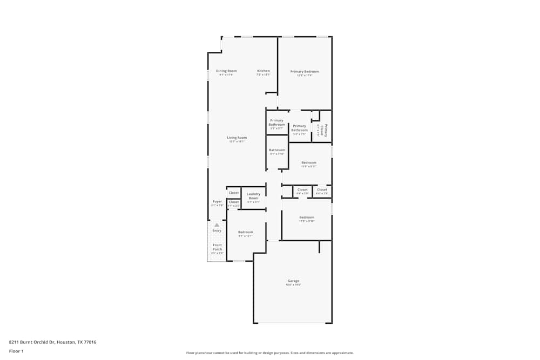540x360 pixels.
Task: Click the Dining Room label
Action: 226,71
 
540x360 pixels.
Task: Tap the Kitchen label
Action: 263,71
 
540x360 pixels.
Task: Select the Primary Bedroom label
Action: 305,71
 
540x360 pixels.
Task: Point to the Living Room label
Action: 237,138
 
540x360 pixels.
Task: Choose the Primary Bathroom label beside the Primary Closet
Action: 299,128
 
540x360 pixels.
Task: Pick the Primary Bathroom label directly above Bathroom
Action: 276,123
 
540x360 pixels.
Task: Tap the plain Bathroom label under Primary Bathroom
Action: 277,150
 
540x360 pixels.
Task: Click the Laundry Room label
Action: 253,196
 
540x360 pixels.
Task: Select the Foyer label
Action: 217,202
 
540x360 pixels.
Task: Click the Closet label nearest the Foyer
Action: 233,202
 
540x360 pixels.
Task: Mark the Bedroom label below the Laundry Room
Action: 245,232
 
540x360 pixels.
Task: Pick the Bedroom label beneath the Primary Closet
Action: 309,162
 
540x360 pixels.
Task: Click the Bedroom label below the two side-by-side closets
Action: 307,217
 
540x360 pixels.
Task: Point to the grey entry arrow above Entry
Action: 217,225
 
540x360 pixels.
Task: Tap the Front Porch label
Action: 217,247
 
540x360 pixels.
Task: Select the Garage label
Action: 293,281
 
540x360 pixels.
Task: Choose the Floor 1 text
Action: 16,351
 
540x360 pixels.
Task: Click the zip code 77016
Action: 90,342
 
